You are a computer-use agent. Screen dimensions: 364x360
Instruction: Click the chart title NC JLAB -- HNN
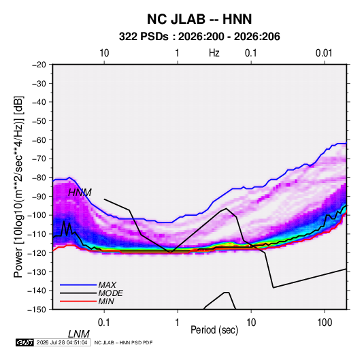click(199, 19)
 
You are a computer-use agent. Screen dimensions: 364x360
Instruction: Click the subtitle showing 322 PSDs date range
click(199, 37)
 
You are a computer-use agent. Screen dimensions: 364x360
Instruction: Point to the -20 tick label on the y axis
click(39, 65)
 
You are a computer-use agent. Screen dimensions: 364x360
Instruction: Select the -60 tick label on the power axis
click(39, 140)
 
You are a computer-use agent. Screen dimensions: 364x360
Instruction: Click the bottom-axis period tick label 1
click(178, 323)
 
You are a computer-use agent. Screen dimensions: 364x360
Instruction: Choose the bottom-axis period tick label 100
click(325, 323)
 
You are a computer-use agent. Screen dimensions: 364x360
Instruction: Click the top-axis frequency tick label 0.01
click(324, 53)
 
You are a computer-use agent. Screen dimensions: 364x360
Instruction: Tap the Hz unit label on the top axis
click(214, 53)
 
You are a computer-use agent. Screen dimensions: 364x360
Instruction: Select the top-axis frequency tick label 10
click(104, 53)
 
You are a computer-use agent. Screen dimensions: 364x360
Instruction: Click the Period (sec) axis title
click(214, 330)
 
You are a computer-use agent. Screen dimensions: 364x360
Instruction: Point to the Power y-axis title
click(18, 186)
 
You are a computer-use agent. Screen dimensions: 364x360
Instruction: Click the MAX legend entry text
click(107, 284)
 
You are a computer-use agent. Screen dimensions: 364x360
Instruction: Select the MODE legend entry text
click(110, 293)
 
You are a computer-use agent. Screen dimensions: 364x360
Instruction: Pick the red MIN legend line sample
click(78, 301)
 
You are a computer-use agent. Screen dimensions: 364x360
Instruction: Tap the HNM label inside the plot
click(80, 193)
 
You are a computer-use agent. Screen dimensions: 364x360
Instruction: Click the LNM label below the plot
click(79, 334)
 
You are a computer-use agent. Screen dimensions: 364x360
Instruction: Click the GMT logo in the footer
click(25, 342)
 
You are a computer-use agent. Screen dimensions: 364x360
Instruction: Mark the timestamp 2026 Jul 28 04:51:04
click(62, 342)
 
